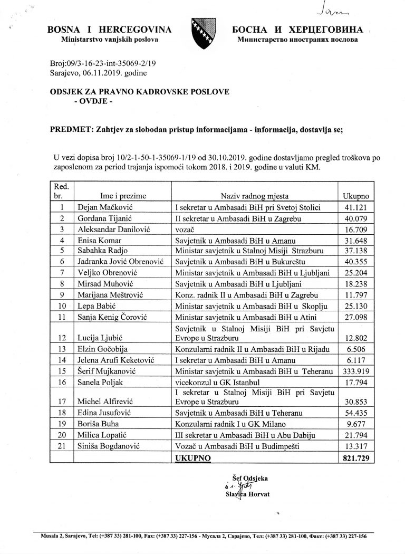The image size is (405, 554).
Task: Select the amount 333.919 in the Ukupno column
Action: coord(356,371)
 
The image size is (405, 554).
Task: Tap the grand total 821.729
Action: coord(356,459)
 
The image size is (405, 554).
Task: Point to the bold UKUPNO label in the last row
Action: coord(192,459)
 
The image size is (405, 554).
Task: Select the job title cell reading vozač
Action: coord(185,228)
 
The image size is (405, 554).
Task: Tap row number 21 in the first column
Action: coord(63,447)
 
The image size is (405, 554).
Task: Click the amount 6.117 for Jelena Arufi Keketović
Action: coord(356,360)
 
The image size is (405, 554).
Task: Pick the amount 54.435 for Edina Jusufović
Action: coord(356,415)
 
